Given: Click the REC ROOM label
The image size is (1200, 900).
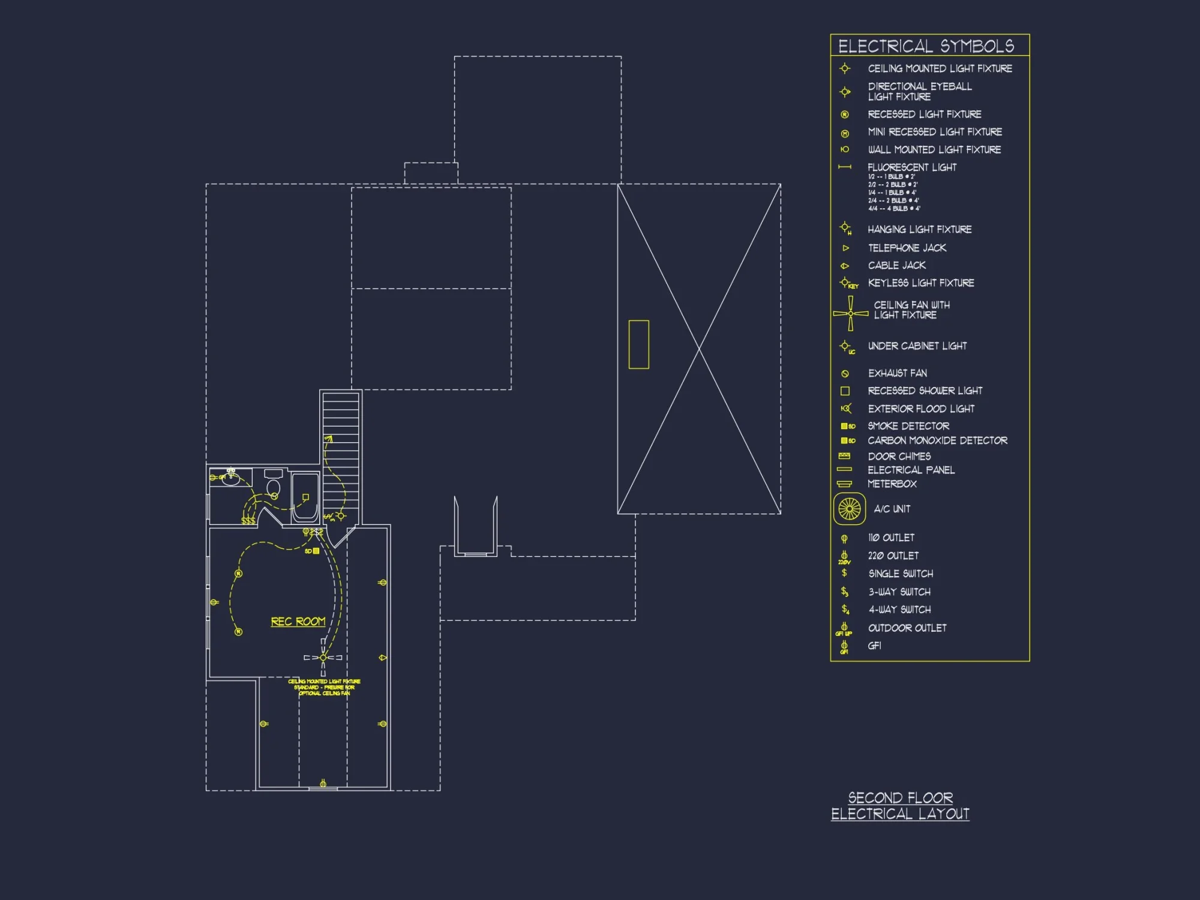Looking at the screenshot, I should tap(298, 622).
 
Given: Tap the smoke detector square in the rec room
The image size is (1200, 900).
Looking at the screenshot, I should tap(316, 551).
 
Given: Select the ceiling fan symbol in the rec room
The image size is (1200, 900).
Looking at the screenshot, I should tap(323, 658).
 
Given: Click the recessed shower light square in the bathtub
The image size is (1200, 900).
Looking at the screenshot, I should tap(305, 497).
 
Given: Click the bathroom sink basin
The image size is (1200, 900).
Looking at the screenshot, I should tap(231, 478).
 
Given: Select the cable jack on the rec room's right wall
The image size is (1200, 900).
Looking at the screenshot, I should tap(382, 658).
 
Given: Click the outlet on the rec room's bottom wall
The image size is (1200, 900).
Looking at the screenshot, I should tap(323, 784).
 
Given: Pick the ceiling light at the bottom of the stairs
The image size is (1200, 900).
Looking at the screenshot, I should tap(341, 515).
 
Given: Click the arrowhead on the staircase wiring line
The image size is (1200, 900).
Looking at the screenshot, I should tap(329, 439).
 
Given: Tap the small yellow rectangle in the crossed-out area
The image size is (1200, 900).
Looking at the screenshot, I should tap(638, 344).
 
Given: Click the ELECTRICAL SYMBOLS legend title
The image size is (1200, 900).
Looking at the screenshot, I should tap(926, 46).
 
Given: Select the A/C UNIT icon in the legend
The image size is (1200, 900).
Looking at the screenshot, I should tap(849, 509).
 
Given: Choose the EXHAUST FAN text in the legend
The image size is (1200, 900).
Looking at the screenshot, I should tap(897, 373).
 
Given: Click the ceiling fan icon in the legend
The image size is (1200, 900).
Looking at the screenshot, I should tap(850, 313).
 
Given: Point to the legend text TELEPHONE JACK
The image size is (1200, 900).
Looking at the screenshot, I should tap(907, 248).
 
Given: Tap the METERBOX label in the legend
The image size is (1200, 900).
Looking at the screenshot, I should tap(892, 484).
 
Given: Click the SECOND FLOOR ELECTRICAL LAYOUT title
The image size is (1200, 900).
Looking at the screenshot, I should tap(900, 806).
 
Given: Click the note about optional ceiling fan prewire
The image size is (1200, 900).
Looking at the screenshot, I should tap(324, 687).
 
